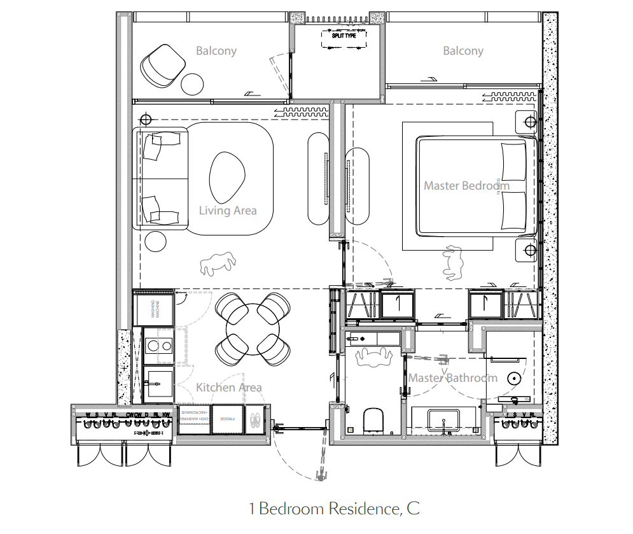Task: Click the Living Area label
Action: (228, 211)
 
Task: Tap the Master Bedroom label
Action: (466, 186)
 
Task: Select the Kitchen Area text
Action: (228, 387)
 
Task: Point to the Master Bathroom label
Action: (452, 378)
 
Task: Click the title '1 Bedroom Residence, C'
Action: (334, 509)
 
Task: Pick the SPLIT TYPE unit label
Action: (344, 36)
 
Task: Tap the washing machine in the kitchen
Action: (153, 309)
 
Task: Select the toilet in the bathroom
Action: (373, 420)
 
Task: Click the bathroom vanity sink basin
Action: (443, 421)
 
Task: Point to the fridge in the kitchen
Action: (228, 419)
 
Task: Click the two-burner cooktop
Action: (158, 346)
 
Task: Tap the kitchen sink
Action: (158, 384)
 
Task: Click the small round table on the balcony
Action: (191, 83)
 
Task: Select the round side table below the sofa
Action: (155, 241)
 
